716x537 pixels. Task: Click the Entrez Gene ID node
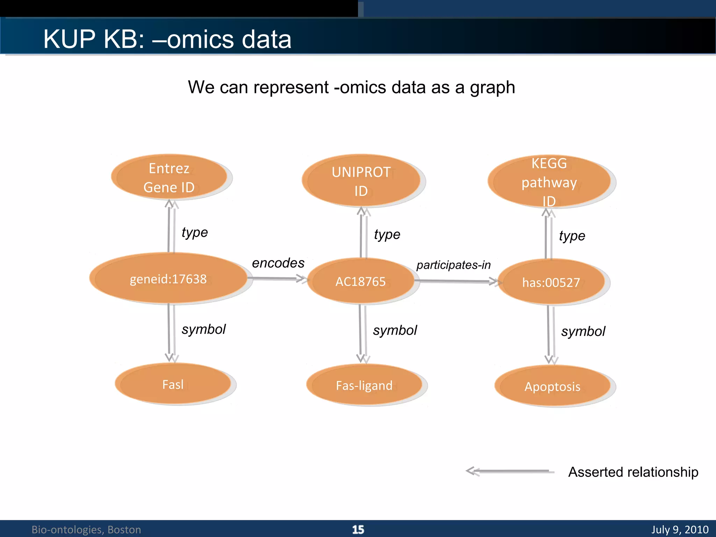169,177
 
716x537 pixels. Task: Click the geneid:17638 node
168,279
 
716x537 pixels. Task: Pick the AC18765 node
360,281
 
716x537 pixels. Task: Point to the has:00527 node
551,282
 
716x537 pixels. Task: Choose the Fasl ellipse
173,384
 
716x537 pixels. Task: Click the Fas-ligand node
364,385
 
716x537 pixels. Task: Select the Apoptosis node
552,386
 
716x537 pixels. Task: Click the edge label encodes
278,263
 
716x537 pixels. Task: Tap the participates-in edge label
453,265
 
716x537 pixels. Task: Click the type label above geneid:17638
195,232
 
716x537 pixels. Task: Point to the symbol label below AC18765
395,330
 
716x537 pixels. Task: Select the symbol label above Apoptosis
583,331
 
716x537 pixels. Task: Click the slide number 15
358,529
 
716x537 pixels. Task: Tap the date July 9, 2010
680,529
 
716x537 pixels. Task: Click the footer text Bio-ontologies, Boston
86,529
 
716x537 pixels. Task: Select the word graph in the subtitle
492,87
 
